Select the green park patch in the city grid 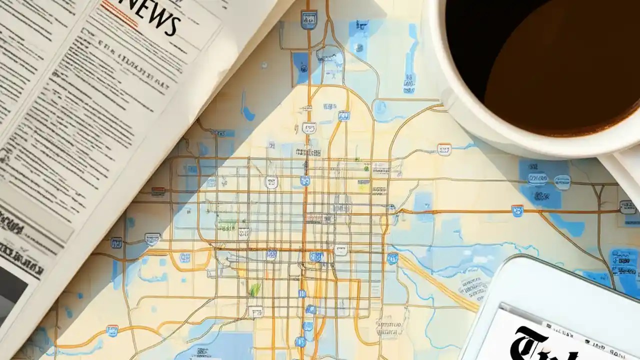coord(255,289)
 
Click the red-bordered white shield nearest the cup coord(443,149)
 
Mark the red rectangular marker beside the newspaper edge coord(158,190)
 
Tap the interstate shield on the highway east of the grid coord(517,210)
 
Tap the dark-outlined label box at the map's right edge coord(627,206)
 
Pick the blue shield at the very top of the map coord(308,19)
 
